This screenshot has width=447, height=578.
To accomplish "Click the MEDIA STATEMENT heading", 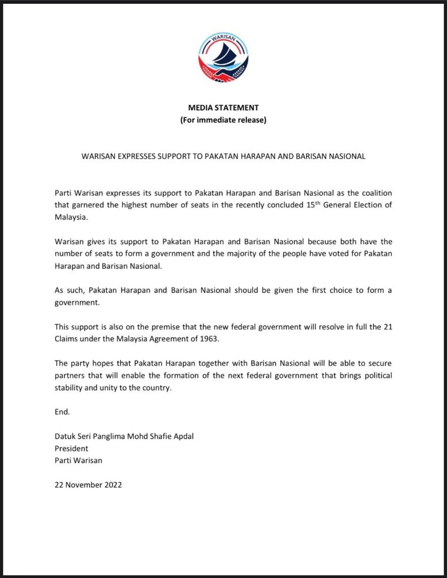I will (223, 108).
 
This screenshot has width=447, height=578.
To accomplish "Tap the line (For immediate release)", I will (223, 120).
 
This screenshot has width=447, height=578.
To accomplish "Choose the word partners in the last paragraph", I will (71, 376).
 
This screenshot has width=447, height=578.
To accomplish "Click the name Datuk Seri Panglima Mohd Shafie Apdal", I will (124, 436).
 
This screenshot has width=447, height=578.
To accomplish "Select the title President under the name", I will (72, 448).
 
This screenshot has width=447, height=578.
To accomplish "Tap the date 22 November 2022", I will (88, 485).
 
